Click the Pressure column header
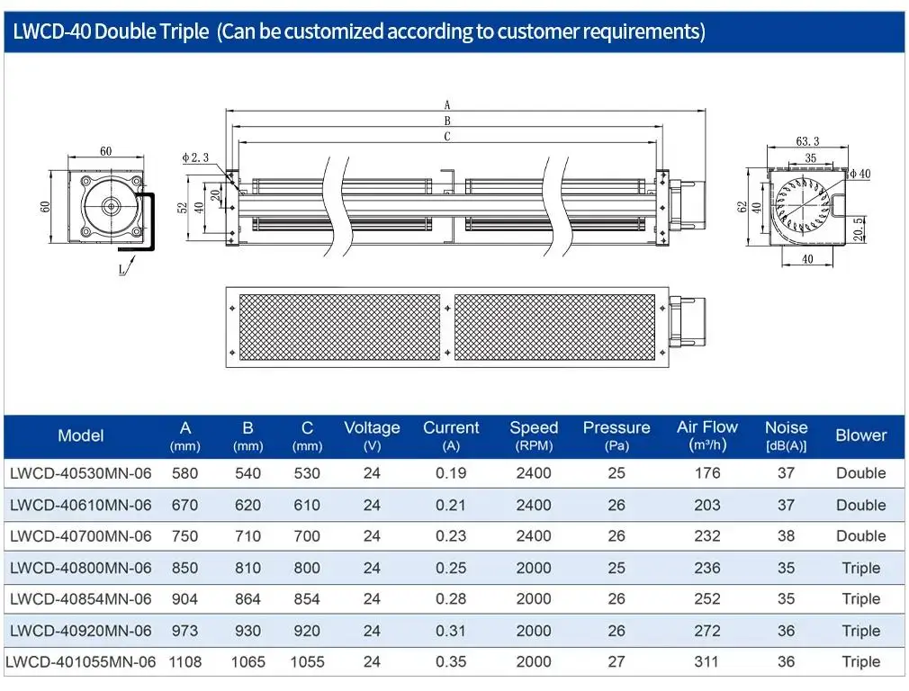[x=616, y=435]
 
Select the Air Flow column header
[x=706, y=435]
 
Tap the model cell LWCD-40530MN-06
[x=81, y=473]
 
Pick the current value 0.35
[x=450, y=661]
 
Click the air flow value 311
[x=706, y=661]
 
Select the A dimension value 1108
[x=184, y=661]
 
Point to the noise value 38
[x=786, y=535]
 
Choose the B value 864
[x=247, y=599]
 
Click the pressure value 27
[x=616, y=661]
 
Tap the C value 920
[x=307, y=631]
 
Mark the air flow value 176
[x=706, y=473]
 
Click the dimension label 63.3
[x=807, y=141]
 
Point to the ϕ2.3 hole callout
[x=195, y=157]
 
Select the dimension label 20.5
[x=859, y=229]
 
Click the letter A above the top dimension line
[x=447, y=105]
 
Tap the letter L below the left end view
[x=121, y=270]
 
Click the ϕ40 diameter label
[x=860, y=174]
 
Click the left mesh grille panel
[x=339, y=328]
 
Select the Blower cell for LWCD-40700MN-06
[x=861, y=535]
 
